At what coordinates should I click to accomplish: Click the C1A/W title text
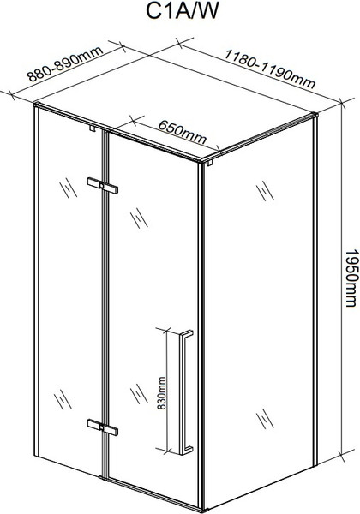(182, 11)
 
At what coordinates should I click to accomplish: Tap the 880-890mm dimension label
(65, 63)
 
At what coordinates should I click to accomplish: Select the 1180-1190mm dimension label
(269, 69)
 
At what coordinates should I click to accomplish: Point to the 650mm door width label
(183, 132)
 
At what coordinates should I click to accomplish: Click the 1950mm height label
(351, 278)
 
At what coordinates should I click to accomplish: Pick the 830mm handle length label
(161, 393)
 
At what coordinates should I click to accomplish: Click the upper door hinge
(102, 186)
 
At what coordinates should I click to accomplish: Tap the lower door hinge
(102, 427)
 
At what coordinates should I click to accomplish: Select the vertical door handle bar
(185, 392)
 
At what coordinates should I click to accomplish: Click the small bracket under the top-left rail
(92, 128)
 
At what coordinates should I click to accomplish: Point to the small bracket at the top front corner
(210, 163)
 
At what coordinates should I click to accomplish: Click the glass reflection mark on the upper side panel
(265, 191)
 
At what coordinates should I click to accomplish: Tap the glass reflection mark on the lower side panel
(265, 419)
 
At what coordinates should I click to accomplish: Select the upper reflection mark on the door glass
(139, 218)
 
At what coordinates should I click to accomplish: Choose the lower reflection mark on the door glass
(139, 394)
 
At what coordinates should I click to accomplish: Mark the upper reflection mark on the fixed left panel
(69, 188)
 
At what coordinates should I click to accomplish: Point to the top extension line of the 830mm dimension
(167, 329)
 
